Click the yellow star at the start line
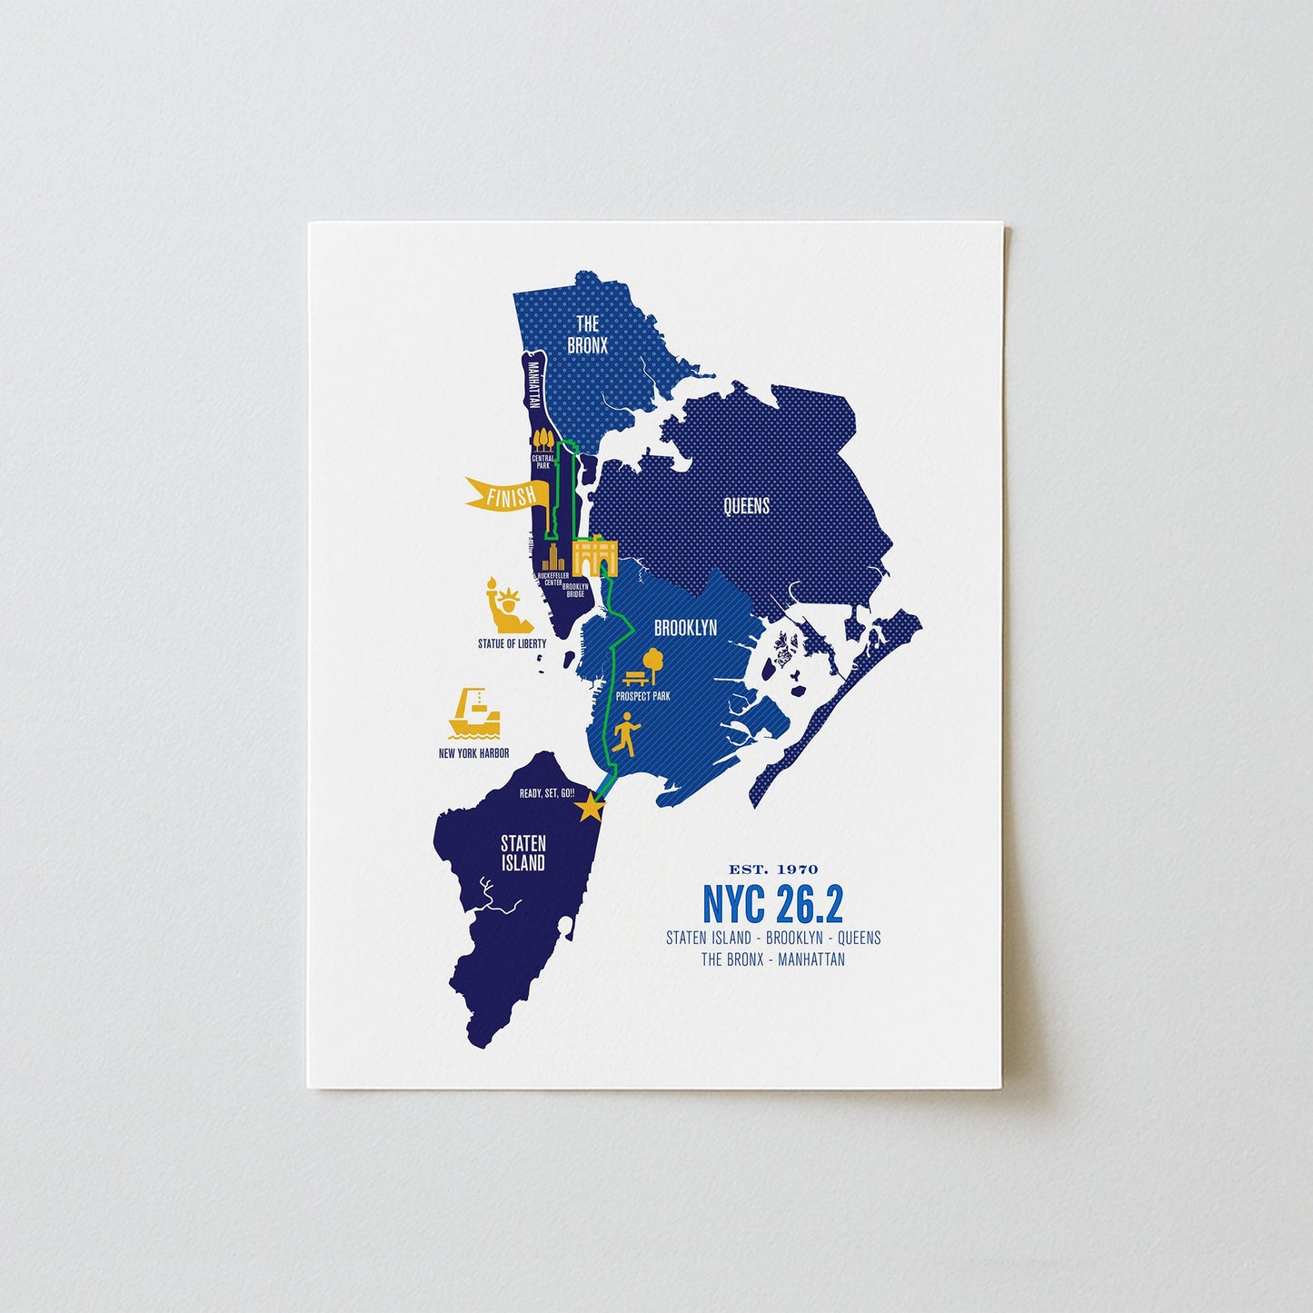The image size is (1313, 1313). tap(591, 807)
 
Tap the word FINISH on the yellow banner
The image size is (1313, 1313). tap(511, 496)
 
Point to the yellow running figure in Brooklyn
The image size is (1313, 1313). tap(626, 732)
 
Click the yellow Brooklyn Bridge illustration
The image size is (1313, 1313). tap(596, 554)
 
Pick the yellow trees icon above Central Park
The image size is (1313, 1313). tap(543, 440)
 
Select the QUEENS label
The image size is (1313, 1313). tap(746, 506)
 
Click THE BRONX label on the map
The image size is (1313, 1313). tap(587, 334)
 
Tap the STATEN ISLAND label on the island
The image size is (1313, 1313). tap(523, 854)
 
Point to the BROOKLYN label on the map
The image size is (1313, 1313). tap(685, 628)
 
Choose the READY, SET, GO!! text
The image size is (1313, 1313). tap(547, 793)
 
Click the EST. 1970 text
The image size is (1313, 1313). tap(773, 870)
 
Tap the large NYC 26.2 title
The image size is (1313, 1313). tap(772, 903)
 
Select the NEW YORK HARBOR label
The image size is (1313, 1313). tap(473, 753)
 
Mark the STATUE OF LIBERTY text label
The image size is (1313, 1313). tap(512, 643)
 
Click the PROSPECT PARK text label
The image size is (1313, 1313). tap(642, 696)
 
